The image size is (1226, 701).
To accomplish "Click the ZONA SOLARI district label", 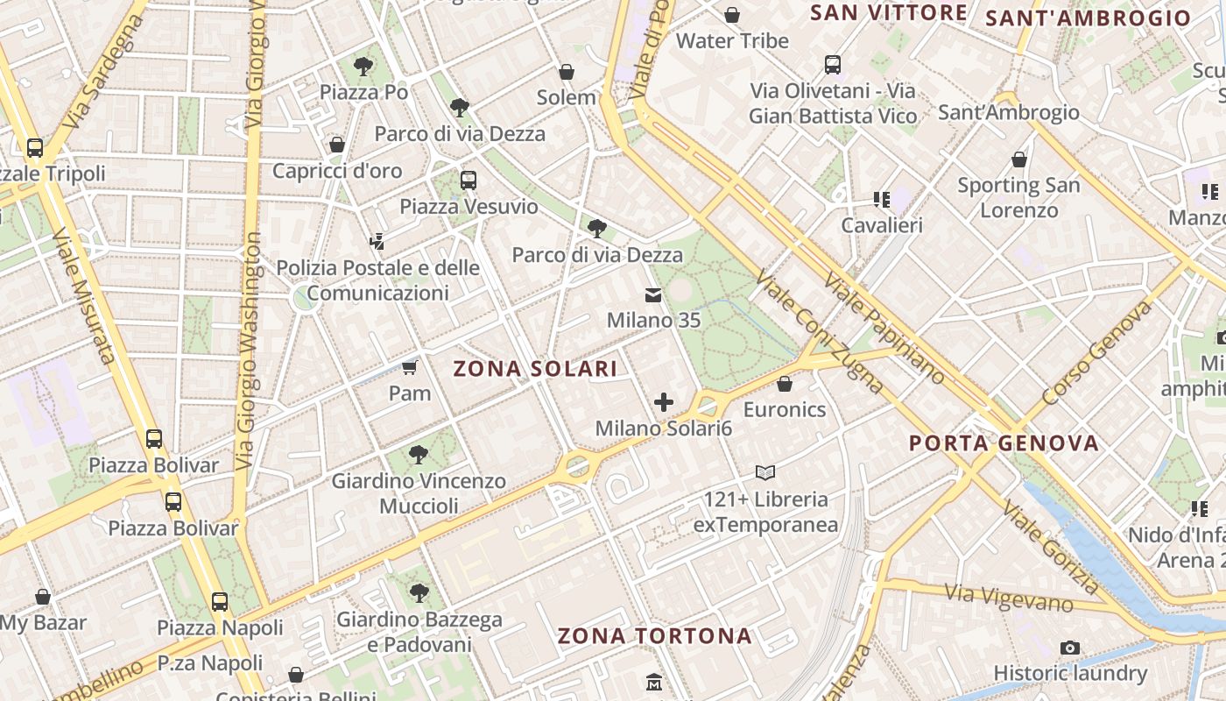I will pyautogui.click(x=535, y=369).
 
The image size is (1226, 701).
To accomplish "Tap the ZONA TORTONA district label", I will pyautogui.click(x=655, y=636).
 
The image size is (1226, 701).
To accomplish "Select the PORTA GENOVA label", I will pyautogui.click(x=1004, y=443).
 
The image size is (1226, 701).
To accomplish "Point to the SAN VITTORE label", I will pyautogui.click(x=888, y=12).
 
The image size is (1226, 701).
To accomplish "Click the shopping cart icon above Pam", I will pyautogui.click(x=409, y=367).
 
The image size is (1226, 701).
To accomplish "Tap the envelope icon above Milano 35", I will pyautogui.click(x=653, y=294).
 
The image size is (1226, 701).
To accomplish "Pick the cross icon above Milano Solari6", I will pyautogui.click(x=664, y=403).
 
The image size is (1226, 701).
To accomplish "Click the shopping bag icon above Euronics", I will pyautogui.click(x=785, y=384).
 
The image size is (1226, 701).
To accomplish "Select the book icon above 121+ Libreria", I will pyautogui.click(x=765, y=473).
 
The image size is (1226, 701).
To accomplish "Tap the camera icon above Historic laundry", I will pyautogui.click(x=1069, y=648).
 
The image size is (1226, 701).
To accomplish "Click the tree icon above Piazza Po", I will pyautogui.click(x=363, y=66).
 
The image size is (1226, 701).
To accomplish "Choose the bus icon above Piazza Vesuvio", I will pyautogui.click(x=469, y=181).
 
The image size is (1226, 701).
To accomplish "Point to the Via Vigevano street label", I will pyautogui.click(x=1009, y=598).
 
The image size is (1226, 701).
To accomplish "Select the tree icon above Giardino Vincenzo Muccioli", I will pyautogui.click(x=419, y=455).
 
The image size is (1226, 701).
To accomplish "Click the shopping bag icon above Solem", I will pyautogui.click(x=567, y=72).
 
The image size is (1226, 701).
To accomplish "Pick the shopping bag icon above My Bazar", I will pyautogui.click(x=43, y=598).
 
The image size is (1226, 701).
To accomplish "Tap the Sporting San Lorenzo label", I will pyautogui.click(x=1018, y=197).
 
